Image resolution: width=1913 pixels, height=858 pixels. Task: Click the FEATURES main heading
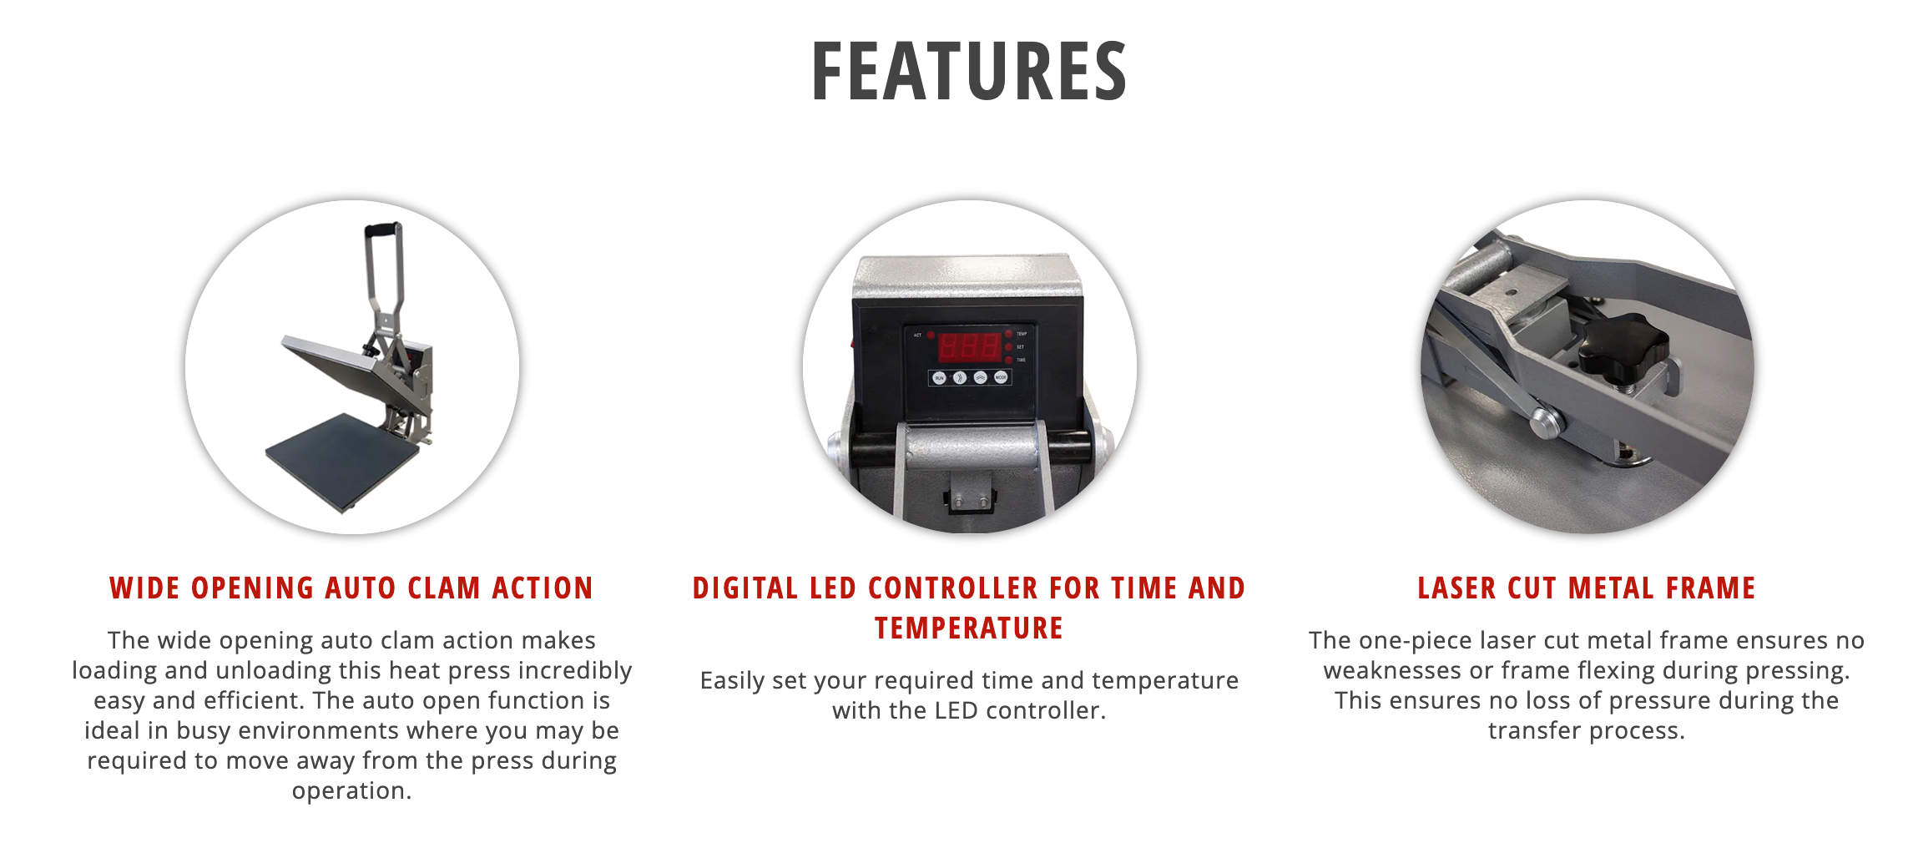click(x=969, y=72)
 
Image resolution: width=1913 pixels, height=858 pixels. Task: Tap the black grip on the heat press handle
click(x=382, y=229)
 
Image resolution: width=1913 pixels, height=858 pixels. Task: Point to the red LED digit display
click(x=969, y=346)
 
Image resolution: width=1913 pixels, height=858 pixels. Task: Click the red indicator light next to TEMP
click(x=1008, y=334)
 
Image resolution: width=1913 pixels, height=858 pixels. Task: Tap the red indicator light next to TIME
click(x=1008, y=360)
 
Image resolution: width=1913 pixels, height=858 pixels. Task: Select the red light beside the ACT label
click(x=931, y=335)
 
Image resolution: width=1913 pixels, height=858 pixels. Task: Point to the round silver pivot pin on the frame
click(x=1545, y=421)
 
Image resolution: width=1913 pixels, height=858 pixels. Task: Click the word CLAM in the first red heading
click(x=444, y=588)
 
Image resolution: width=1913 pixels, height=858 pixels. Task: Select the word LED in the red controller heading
click(x=834, y=588)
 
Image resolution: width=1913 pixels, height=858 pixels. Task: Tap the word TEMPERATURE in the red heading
click(x=969, y=628)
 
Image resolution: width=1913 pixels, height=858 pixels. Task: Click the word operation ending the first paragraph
click(x=351, y=791)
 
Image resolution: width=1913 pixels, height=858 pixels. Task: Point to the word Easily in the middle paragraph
click(x=733, y=681)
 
